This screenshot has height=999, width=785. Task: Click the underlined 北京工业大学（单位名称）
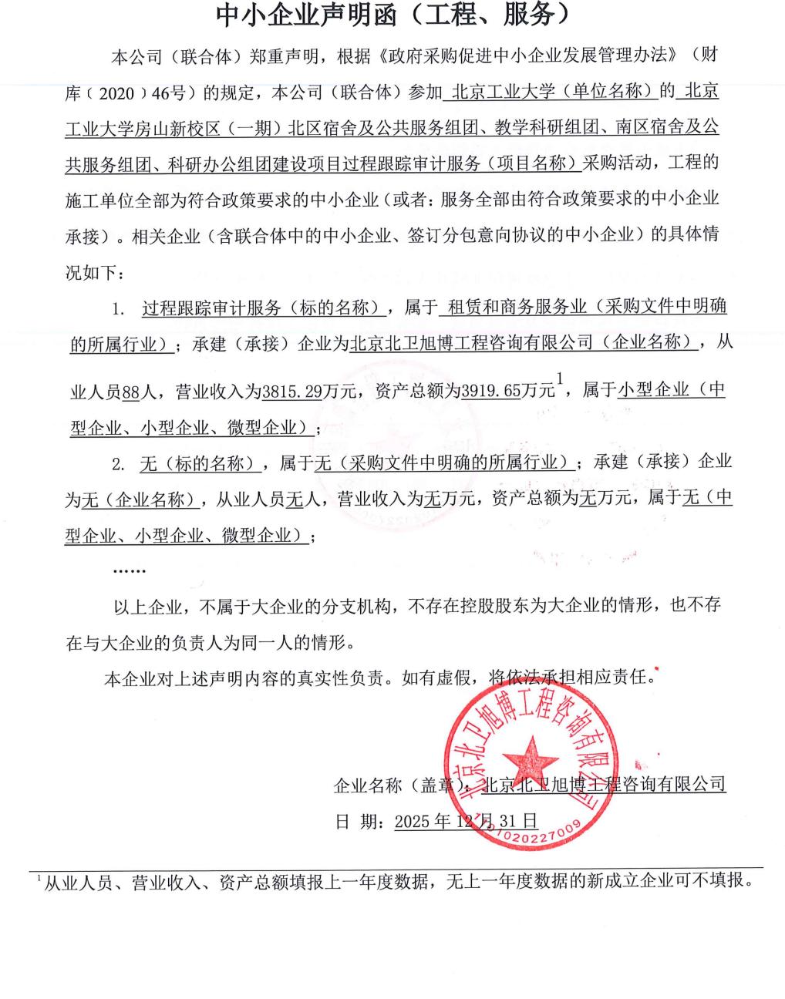pos(552,92)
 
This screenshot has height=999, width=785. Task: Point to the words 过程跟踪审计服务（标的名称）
pos(264,309)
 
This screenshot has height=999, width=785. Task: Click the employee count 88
pos(131,392)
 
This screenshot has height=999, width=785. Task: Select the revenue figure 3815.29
pos(291,392)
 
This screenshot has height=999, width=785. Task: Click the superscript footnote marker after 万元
pos(561,378)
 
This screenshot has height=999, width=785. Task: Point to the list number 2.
pos(118,463)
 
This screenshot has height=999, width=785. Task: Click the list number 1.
pos(118,310)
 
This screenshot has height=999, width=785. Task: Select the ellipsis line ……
pos(129,571)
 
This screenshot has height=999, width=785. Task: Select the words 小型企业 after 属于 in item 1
pos(653,390)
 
